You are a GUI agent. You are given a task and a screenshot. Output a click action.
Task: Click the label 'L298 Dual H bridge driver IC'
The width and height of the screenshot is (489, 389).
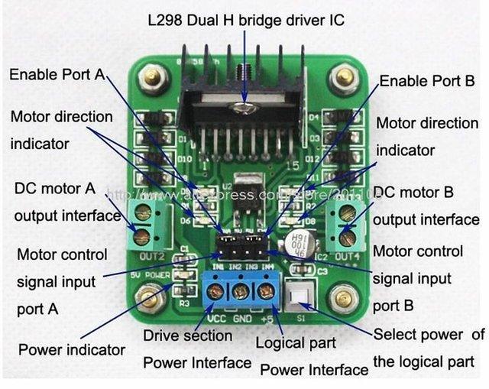click(246, 19)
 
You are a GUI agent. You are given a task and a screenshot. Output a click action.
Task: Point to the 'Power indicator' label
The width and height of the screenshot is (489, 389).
click(72, 351)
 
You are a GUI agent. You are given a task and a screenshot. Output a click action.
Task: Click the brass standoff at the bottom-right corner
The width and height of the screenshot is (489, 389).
click(344, 293)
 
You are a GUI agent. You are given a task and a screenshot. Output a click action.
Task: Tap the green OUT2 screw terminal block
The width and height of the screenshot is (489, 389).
click(141, 223)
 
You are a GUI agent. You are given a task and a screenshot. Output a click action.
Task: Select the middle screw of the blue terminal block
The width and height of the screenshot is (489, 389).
click(240, 290)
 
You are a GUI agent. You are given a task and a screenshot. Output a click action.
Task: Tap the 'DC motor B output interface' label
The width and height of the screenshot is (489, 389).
click(426, 206)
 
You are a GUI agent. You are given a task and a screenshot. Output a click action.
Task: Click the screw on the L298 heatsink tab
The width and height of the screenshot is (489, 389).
click(244, 108)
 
